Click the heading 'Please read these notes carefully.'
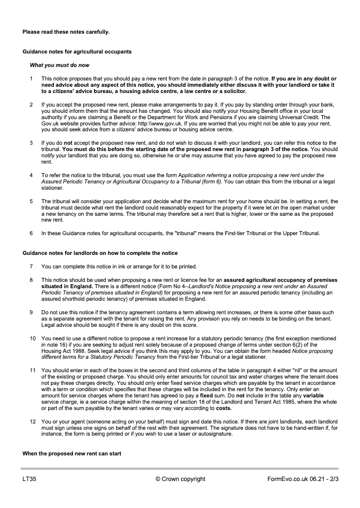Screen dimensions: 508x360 66,32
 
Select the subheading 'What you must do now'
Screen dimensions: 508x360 59,65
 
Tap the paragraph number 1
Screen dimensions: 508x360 31,79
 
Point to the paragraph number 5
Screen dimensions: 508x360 31,201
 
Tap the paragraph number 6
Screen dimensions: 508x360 31,233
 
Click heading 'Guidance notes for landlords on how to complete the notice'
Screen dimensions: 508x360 100,253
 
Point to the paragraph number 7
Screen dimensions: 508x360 31,267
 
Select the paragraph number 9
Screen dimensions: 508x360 31,312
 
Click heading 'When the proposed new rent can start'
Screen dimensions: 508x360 72,453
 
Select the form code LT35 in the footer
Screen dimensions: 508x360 29,479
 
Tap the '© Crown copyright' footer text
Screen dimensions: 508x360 180,479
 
